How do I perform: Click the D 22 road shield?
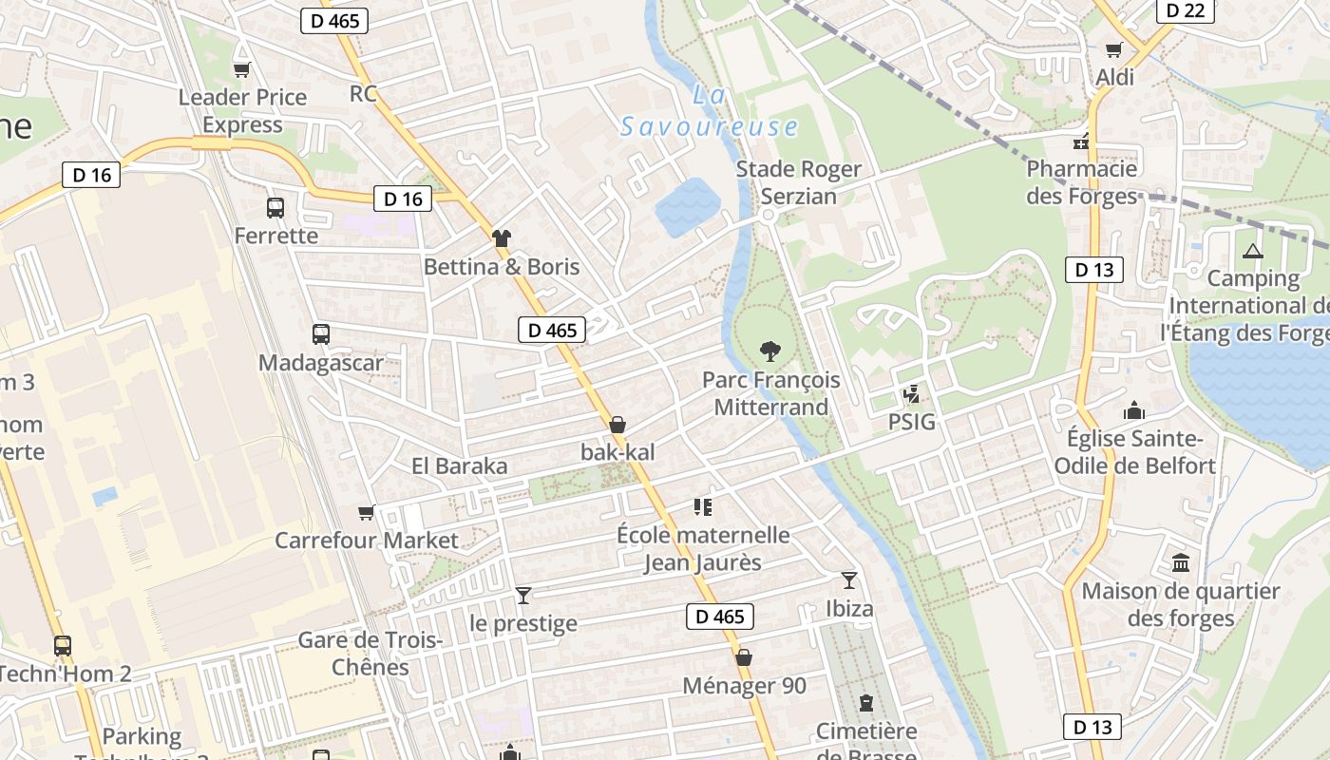coord(1185,9)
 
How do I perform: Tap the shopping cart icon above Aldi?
coord(1113,49)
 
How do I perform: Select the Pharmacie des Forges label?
coord(1082,182)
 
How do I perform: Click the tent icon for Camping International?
coord(1253,252)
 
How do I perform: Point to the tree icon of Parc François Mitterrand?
coord(770,351)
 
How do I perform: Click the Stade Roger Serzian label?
coord(799,182)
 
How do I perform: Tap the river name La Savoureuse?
coord(709,112)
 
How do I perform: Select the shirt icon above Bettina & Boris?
coord(502,238)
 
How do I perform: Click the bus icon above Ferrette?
coord(275,207)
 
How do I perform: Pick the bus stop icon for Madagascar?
coord(321,334)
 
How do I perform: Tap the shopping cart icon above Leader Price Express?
coord(241,68)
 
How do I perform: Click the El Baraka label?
coord(459,466)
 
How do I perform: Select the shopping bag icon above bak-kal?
coord(617,424)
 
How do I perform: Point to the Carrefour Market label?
coord(367,541)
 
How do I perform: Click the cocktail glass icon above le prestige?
coord(522,596)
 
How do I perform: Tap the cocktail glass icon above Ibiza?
coord(849,579)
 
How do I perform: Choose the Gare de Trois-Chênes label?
coord(370,653)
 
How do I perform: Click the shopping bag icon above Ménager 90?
coord(744,657)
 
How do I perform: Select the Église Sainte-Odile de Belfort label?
coord(1134,452)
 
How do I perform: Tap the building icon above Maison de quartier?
coord(1181,563)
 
